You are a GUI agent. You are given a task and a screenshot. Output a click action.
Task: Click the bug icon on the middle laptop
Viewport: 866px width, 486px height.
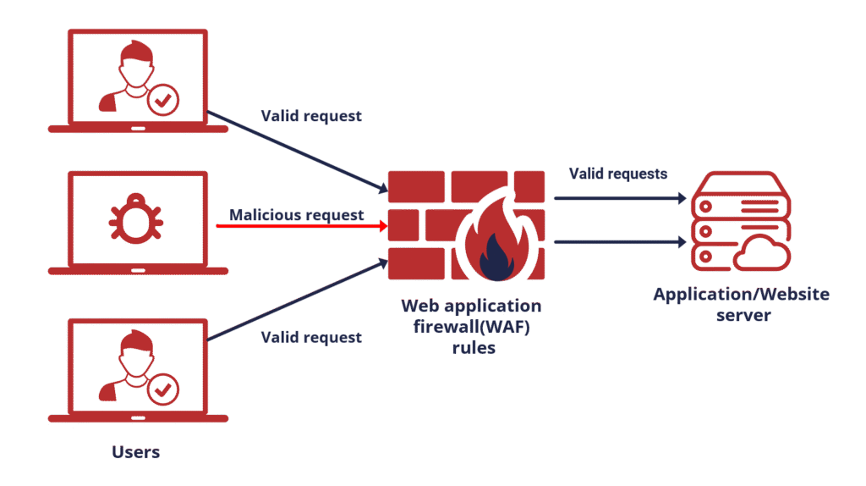tap(136, 219)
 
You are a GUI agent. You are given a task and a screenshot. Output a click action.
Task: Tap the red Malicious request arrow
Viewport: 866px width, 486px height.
tap(302, 225)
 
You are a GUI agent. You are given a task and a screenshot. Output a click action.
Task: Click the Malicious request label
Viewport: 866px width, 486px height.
tap(297, 214)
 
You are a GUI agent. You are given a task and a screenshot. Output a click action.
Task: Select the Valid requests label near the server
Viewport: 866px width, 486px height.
tap(618, 174)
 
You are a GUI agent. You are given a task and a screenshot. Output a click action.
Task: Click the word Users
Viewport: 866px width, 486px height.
tap(136, 452)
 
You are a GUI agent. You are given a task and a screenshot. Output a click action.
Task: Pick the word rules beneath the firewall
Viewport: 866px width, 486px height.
tap(474, 348)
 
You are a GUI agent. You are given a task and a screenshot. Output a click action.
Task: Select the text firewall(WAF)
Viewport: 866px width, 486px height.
tap(472, 327)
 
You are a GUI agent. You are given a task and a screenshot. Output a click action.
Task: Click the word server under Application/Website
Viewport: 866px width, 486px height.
tap(743, 315)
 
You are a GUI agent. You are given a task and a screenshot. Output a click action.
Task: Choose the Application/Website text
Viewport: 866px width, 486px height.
tap(741, 294)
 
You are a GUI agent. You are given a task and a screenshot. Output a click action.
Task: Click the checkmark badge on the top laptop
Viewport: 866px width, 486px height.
tap(163, 100)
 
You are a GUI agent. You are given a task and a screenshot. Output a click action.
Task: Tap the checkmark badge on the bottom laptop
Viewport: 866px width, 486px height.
tap(163, 389)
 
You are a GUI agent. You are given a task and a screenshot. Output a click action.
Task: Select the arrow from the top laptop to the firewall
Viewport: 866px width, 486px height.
tap(298, 152)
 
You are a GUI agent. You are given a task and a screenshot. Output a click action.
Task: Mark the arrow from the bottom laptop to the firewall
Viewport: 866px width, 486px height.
tap(298, 299)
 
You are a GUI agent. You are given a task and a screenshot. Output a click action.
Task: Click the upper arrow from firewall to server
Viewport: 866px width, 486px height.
tap(620, 198)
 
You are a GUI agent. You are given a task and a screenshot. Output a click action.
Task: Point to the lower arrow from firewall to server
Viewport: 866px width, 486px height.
tap(620, 241)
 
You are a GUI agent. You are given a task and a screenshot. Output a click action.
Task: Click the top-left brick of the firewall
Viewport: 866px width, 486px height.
tap(416, 187)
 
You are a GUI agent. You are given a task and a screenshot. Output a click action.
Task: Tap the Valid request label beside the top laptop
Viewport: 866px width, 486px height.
tap(311, 115)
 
